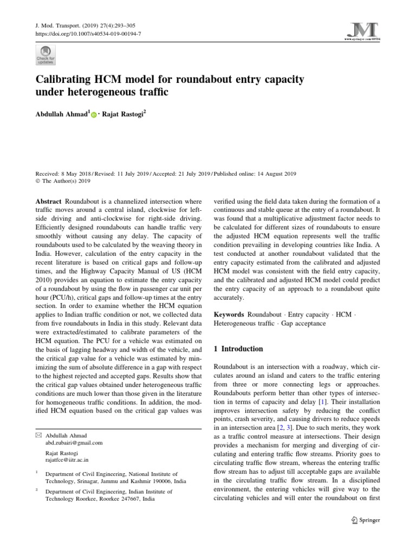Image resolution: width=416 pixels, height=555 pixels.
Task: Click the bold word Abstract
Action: click(x=49, y=201)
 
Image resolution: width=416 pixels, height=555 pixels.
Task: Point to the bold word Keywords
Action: click(x=230, y=314)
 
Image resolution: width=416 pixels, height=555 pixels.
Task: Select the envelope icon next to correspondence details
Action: click(x=38, y=435)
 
